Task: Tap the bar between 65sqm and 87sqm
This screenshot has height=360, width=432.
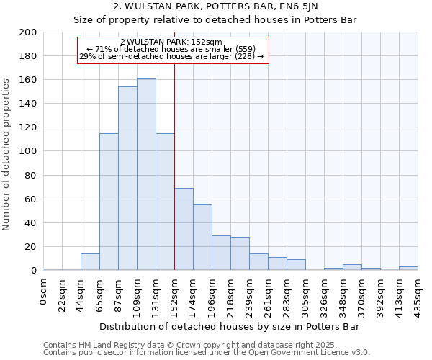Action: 109,202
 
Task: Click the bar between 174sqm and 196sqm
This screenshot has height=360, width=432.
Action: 202,238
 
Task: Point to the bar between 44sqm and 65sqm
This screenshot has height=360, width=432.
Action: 90,262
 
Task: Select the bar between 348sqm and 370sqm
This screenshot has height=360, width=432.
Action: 352,267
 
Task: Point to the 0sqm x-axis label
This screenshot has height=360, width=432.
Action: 44,290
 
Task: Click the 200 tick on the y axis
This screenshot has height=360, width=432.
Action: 29,32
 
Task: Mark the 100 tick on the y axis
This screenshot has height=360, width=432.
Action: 29,151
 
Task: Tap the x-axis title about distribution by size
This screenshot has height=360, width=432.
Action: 229,326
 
